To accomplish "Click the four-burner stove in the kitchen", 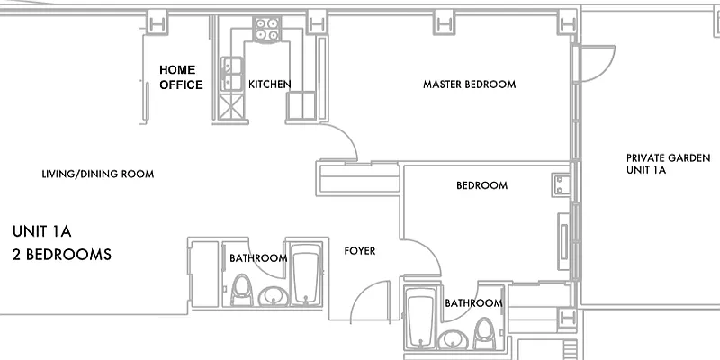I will (x=265, y=29).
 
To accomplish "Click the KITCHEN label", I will (x=270, y=85).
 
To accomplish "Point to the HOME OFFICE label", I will (x=181, y=77).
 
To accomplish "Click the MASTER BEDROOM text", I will (x=469, y=85).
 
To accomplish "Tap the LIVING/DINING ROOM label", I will (x=98, y=174).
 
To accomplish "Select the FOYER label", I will (x=360, y=251).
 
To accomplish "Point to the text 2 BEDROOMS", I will (x=62, y=255).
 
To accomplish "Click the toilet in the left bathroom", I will (x=241, y=289).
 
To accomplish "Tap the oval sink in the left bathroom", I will (x=271, y=295).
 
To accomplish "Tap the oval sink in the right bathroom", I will (x=454, y=339).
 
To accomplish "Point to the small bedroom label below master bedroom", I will (x=481, y=185).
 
